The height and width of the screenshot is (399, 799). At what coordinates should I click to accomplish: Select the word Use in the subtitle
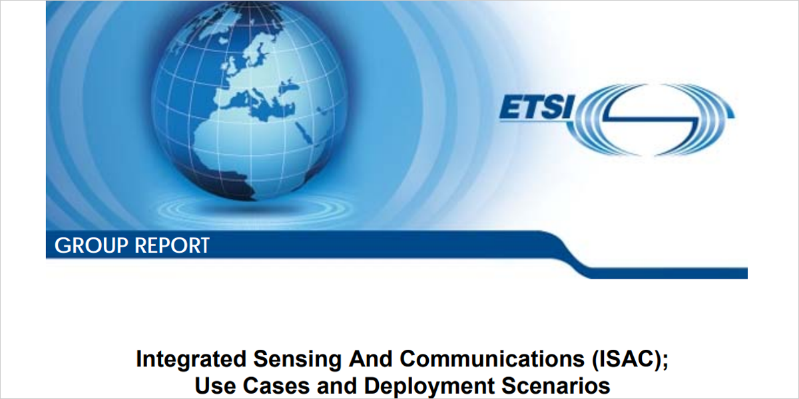(x=212, y=386)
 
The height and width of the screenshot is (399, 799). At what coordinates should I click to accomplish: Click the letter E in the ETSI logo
(x=511, y=109)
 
